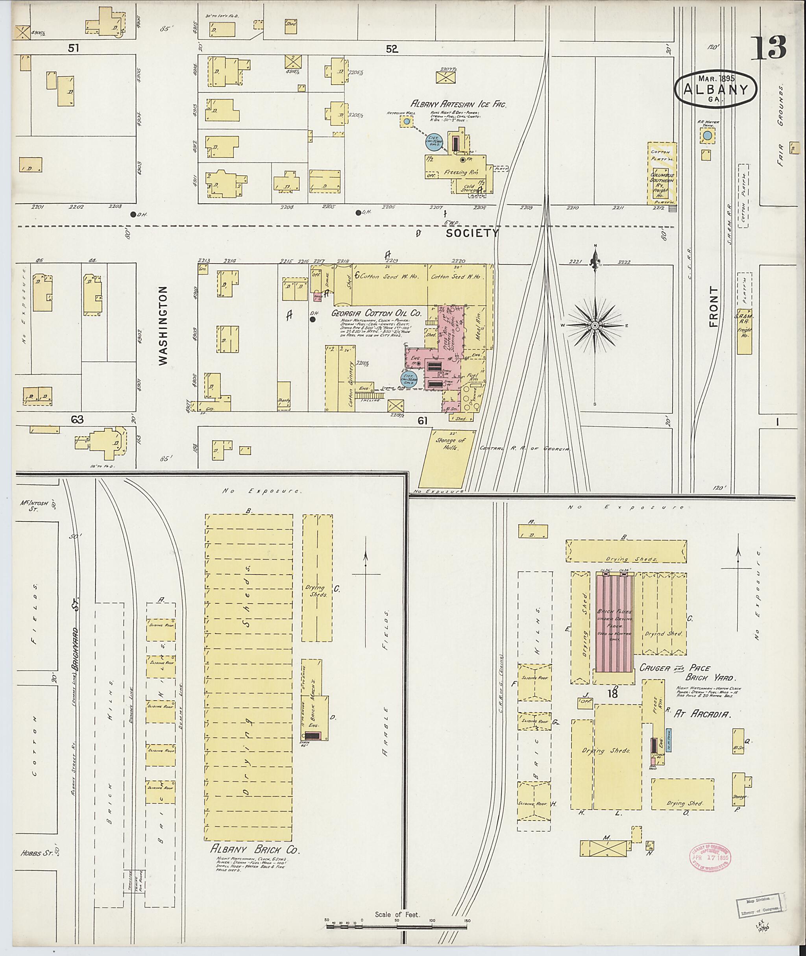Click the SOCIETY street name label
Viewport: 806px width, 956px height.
(x=471, y=233)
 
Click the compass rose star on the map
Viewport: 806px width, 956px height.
(x=595, y=325)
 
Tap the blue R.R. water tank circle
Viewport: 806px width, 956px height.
(x=707, y=136)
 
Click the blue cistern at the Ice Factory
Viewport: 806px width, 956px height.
(x=434, y=142)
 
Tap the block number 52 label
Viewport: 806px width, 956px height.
(x=392, y=49)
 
